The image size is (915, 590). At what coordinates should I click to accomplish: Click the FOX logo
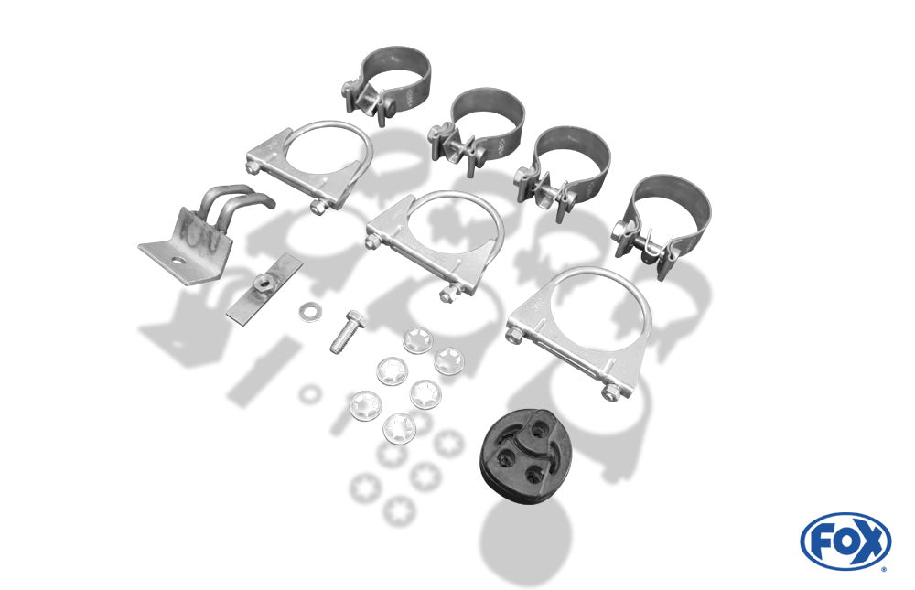point(845,541)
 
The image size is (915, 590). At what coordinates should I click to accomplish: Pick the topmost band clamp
point(385,85)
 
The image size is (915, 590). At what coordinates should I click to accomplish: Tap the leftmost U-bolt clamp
point(310,166)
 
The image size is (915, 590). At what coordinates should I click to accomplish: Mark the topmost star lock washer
point(417,340)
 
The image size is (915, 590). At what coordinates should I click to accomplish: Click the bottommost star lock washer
point(400,427)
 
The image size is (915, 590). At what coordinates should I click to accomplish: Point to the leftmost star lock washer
point(365,405)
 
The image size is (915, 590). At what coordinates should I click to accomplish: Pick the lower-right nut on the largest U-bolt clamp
point(610,393)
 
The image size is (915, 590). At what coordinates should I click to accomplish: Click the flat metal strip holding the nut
point(264,288)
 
